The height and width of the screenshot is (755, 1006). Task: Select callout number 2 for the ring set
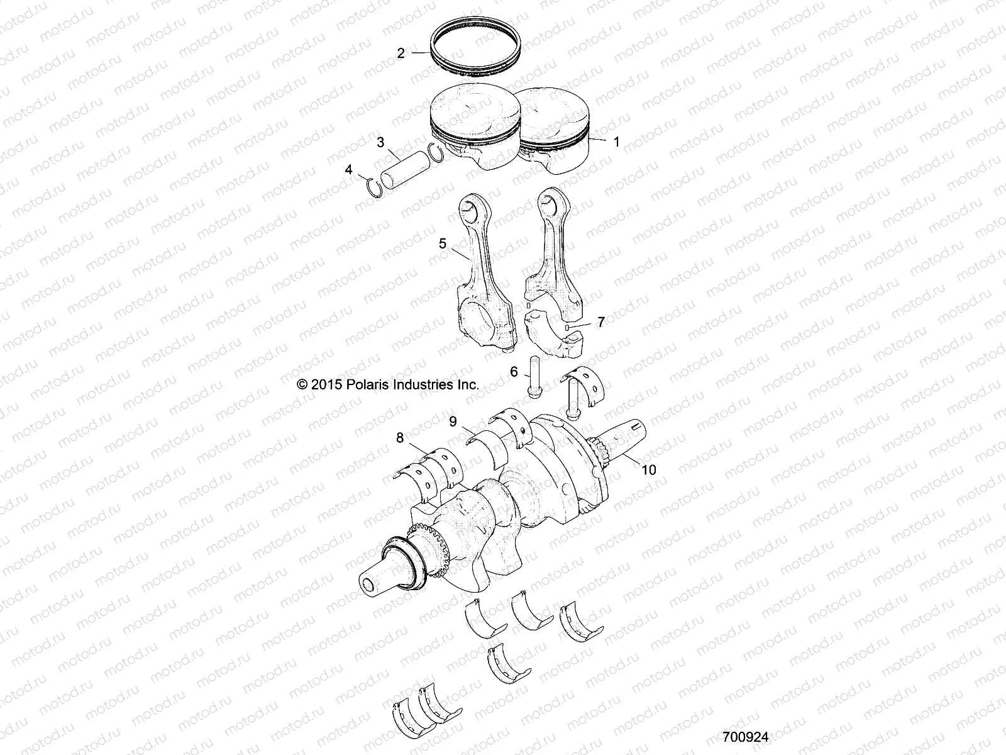point(401,53)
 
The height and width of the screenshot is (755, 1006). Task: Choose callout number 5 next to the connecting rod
point(443,243)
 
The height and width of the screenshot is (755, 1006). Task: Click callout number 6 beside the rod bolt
point(514,372)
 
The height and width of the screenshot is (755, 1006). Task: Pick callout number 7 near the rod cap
point(601,322)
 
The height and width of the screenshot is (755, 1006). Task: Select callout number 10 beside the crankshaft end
point(649,486)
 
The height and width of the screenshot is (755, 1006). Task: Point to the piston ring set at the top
point(476,50)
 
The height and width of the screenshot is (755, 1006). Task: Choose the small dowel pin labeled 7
point(568,328)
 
